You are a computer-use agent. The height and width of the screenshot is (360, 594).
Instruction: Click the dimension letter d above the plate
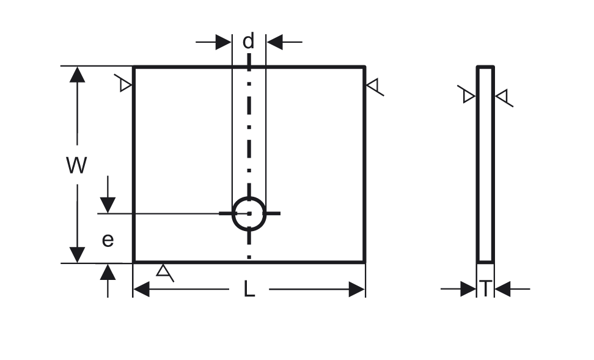click(248, 42)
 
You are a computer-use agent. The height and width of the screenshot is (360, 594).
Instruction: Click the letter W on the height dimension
click(76, 165)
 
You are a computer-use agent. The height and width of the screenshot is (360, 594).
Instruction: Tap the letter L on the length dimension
click(249, 288)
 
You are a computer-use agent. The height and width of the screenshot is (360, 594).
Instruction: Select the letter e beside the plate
click(108, 240)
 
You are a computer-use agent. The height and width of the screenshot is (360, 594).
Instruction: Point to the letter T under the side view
click(485, 288)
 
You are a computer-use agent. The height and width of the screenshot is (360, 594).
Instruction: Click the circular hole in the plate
click(249, 214)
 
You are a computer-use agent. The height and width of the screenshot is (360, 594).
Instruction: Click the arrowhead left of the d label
click(223, 42)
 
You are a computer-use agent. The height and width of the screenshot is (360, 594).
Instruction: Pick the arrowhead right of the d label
click(274, 42)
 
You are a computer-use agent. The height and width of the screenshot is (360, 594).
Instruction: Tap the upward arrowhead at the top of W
click(77, 75)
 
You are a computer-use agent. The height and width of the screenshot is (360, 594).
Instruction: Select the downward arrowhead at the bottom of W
click(77, 255)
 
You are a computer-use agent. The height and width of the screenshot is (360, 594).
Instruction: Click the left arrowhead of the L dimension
click(142, 290)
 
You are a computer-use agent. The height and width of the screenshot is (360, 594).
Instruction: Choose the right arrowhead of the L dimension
click(356, 290)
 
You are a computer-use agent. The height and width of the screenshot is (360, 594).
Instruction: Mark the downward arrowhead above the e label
click(108, 205)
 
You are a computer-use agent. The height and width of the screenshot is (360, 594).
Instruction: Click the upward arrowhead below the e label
click(108, 272)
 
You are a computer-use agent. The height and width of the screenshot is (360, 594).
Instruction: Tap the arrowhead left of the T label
click(468, 289)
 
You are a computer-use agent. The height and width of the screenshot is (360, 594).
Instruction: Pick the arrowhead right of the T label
click(503, 289)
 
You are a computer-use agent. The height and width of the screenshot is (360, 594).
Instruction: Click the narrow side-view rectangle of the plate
click(485, 164)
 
